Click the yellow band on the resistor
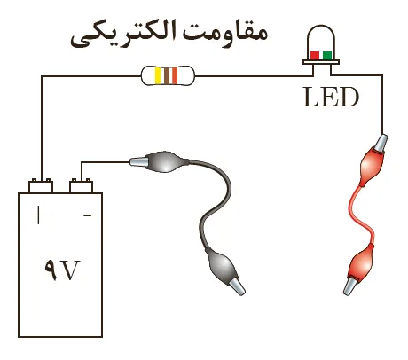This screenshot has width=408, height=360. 158,75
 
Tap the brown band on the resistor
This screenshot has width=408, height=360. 167,75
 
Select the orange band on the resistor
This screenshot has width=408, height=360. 175,75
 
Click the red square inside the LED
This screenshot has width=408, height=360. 315,55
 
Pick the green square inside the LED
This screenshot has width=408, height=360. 327,55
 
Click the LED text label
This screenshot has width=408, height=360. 331,97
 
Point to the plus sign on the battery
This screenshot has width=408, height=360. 38,215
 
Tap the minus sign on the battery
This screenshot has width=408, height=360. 87,215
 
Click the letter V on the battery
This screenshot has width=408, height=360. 71,270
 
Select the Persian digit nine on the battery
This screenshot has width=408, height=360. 51,270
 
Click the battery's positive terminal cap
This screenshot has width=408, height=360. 41,185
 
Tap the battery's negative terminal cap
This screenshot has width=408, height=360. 81,185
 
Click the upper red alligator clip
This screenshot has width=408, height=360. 373,161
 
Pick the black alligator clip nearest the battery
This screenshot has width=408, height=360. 159,162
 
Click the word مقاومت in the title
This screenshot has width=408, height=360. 224,31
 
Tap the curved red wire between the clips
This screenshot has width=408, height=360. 361,216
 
